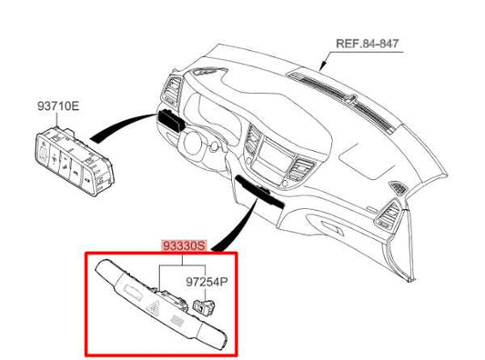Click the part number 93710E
(59, 106)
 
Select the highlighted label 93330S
(183, 245)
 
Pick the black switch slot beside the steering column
(170, 120)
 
